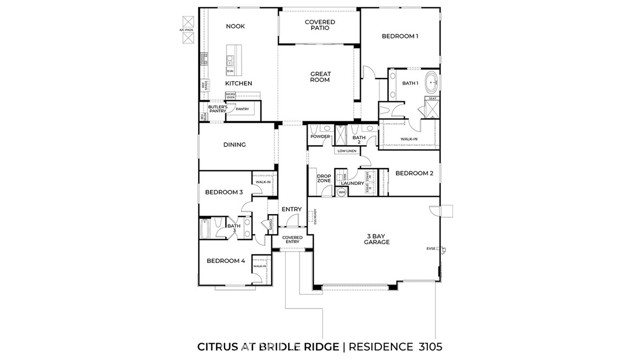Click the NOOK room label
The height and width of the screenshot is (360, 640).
click(234, 27)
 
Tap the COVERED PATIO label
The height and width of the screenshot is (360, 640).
click(320, 25)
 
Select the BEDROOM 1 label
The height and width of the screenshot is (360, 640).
click(400, 37)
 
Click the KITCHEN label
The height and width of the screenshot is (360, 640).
click(238, 83)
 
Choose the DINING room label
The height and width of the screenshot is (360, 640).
click(234, 144)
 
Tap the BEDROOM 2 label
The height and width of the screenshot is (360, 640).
click(413, 173)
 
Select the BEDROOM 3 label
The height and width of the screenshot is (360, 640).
click(224, 191)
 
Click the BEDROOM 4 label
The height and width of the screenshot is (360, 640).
click(225, 261)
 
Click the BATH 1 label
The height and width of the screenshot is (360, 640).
click(410, 83)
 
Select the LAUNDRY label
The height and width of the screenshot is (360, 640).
click(351, 183)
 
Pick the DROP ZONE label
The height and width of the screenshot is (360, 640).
click(324, 179)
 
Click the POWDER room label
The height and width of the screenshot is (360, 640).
click(320, 136)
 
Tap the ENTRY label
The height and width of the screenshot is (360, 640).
click(291, 209)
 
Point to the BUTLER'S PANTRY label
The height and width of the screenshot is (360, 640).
click(217, 108)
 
